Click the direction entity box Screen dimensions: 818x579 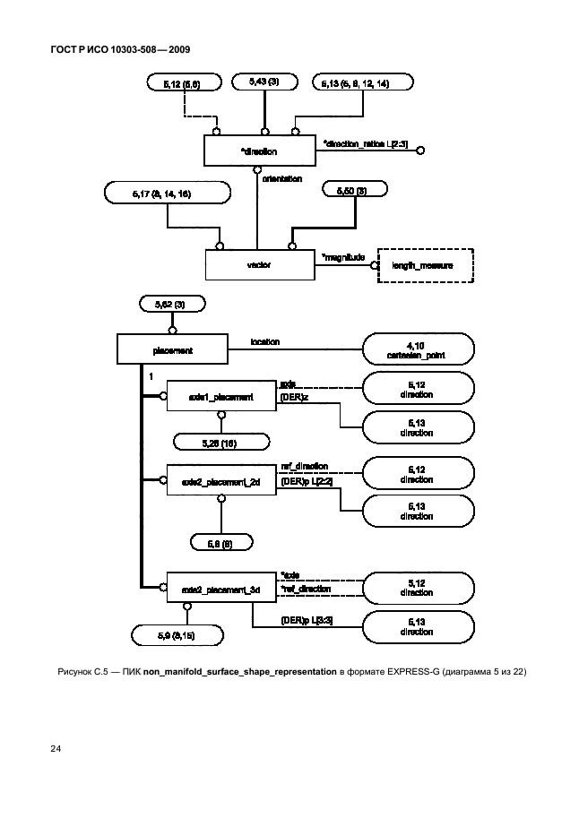pos(258,151)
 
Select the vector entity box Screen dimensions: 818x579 pos(258,265)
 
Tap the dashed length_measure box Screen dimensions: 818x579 pos(422,265)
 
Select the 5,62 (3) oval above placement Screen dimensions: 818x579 pos(173,306)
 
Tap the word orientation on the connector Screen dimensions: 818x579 pos(281,178)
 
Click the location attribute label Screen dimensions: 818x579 pos(264,341)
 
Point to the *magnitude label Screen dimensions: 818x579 pos(343,257)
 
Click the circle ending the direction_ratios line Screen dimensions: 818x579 pos(420,151)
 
